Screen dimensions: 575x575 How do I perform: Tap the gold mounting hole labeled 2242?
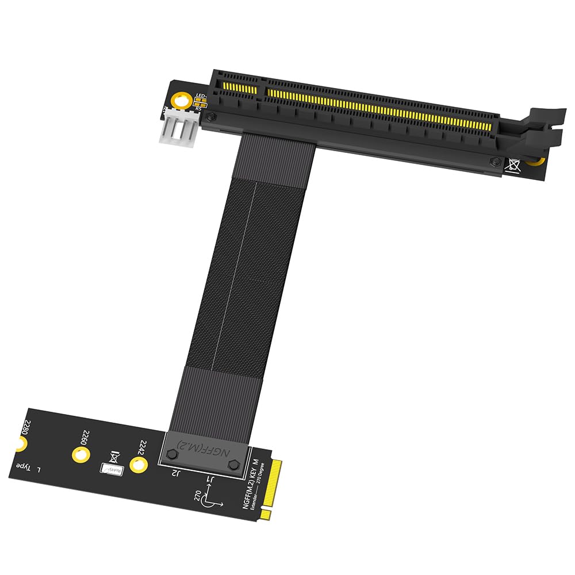pos(137,465)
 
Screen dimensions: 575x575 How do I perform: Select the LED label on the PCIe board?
pos(201,96)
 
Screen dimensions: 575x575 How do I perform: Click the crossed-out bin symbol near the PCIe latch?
pos(512,165)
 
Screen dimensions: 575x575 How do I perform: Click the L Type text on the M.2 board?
pos(29,467)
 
